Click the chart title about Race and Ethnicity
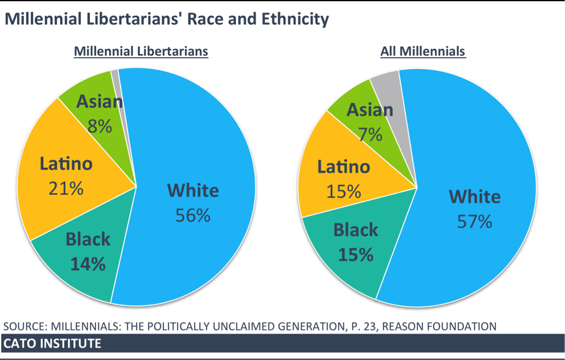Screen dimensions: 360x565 tap(166, 19)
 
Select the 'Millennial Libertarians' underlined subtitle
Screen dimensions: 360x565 tap(141, 52)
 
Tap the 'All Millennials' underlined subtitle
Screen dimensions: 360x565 tap(422, 52)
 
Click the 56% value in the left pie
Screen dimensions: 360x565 tap(193, 215)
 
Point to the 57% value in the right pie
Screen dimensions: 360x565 tap(475, 222)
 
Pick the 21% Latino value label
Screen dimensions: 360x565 tap(66, 188)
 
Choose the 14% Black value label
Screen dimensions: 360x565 tap(88, 264)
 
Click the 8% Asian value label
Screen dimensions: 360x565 tap(100, 126)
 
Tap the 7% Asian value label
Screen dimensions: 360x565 tap(370, 134)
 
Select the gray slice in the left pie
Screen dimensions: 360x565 tap(116, 79)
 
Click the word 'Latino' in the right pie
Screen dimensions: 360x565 tap(343, 167)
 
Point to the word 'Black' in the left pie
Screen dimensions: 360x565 tap(88, 239)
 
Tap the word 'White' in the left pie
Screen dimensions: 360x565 tap(193, 190)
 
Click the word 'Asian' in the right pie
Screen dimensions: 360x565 tap(370, 110)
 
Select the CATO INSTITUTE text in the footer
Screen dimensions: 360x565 tap(52, 344)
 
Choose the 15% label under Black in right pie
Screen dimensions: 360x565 tap(356, 254)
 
